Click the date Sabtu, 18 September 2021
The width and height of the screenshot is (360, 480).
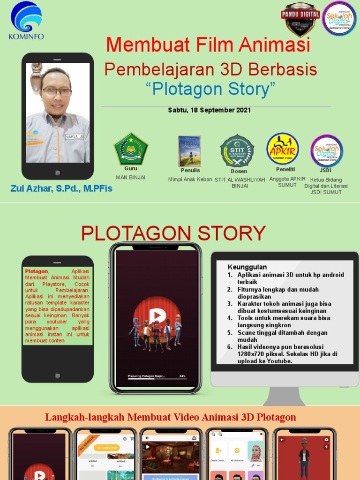(x=210, y=110)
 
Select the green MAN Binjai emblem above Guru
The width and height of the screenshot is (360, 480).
(x=131, y=149)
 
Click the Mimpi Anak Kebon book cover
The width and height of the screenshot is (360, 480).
(x=189, y=151)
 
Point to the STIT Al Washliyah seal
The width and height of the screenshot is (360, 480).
(x=237, y=151)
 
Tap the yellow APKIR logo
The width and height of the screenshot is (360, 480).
(x=283, y=149)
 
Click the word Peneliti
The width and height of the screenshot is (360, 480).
(x=285, y=169)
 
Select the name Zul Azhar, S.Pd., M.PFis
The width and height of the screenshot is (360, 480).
(x=61, y=189)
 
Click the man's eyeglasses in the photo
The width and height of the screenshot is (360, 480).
(x=56, y=92)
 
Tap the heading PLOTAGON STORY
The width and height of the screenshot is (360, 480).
(x=173, y=233)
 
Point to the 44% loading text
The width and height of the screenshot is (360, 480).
(x=182, y=376)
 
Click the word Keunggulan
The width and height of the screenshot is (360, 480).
(x=247, y=267)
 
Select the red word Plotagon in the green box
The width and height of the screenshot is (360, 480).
(x=37, y=271)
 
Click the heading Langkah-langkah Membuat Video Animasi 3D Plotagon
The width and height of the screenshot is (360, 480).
(x=170, y=417)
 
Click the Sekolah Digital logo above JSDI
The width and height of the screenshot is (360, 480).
(x=327, y=151)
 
